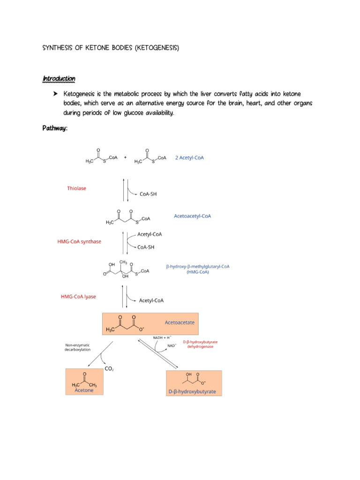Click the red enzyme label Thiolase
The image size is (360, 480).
click(76, 188)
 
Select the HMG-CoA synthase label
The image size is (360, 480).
click(79, 241)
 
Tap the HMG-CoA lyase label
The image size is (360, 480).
click(78, 297)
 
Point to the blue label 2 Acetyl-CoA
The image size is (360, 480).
click(189, 157)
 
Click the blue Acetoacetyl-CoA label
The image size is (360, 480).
click(193, 216)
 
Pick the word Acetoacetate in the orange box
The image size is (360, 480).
click(180, 322)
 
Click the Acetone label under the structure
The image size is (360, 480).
click(84, 390)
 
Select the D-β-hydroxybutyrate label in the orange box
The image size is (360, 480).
click(192, 391)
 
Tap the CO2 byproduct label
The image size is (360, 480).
click(109, 369)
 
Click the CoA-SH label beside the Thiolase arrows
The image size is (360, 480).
click(148, 194)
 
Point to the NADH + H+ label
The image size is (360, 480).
click(162, 337)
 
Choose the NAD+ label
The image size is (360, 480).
click(172, 345)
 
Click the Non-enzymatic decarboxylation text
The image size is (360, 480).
click(77, 347)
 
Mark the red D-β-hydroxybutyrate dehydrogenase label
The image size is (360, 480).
click(200, 344)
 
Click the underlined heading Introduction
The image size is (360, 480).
click(59, 79)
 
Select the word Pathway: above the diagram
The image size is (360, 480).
click(55, 128)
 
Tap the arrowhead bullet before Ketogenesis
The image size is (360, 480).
click(55, 94)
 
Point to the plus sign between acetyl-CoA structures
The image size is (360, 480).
click(125, 157)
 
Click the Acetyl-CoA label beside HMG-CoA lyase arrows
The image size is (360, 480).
click(151, 300)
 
